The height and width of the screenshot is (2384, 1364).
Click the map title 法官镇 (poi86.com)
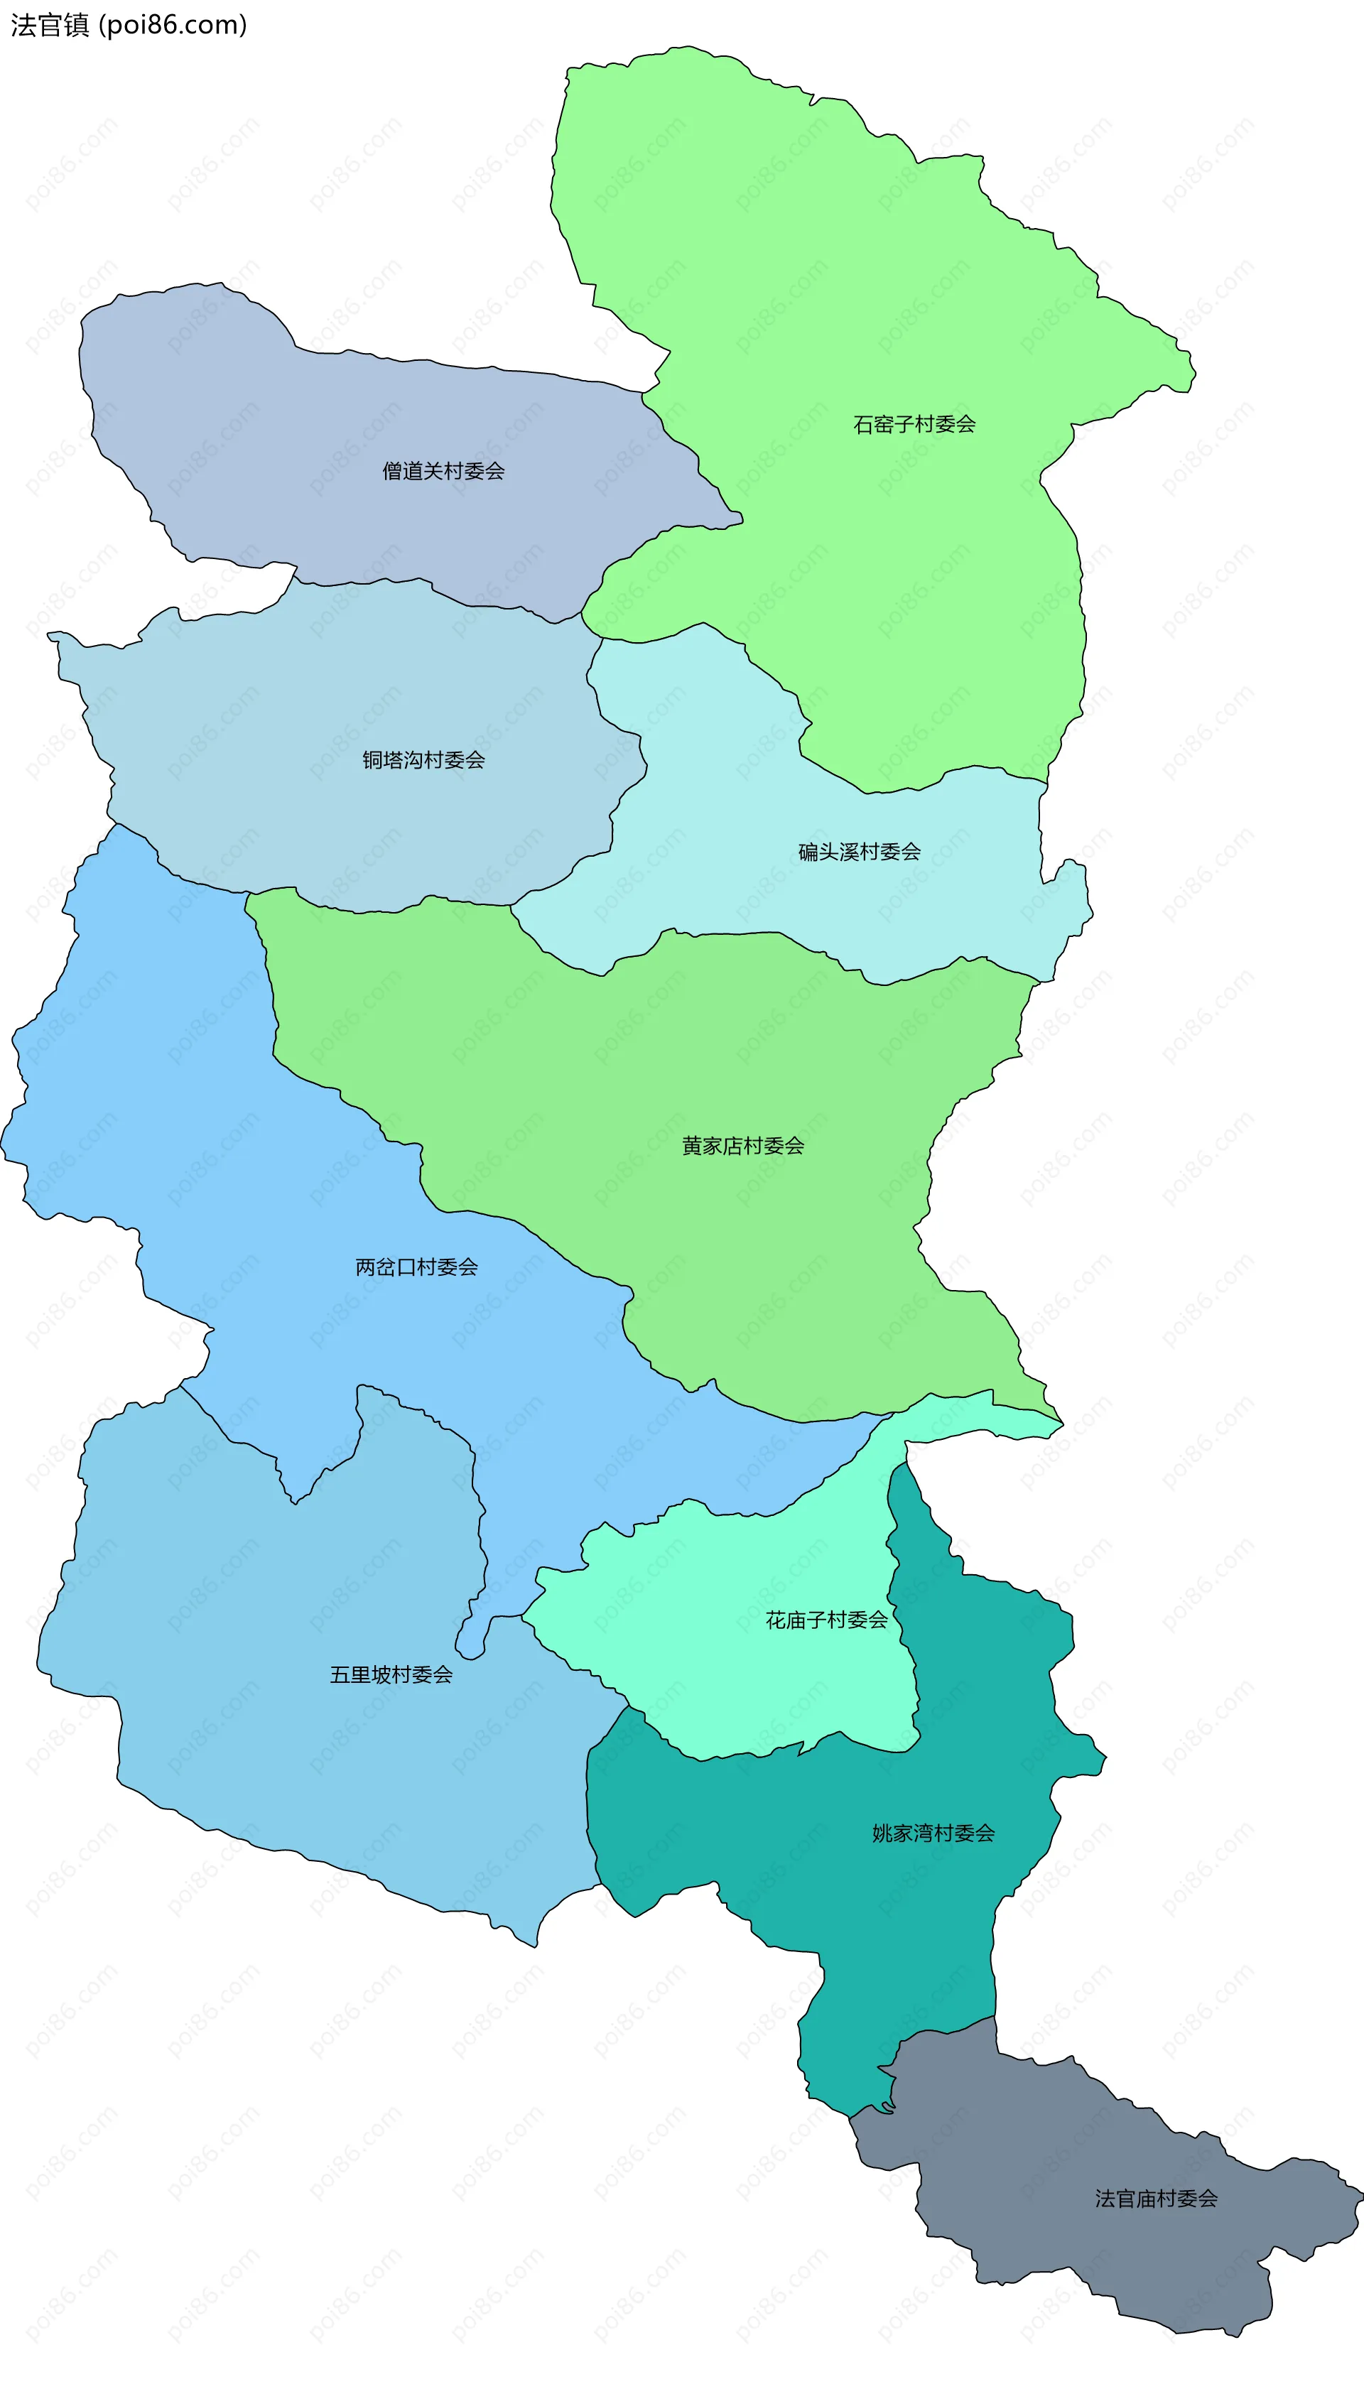(129, 26)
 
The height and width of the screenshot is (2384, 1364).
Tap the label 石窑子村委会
(914, 424)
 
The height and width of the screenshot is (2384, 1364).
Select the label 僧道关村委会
(443, 471)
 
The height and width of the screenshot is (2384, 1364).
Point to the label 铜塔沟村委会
(423, 759)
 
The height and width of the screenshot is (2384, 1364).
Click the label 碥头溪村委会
(859, 852)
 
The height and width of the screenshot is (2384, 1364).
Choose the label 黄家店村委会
(743, 1146)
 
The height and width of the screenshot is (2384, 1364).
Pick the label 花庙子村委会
(826, 1620)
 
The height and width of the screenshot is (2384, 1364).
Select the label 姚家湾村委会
(933, 1833)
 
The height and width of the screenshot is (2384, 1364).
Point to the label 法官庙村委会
(1156, 2199)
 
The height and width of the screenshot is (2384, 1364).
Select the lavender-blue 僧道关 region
(281, 421)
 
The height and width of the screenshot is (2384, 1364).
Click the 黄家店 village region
(656, 1077)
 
